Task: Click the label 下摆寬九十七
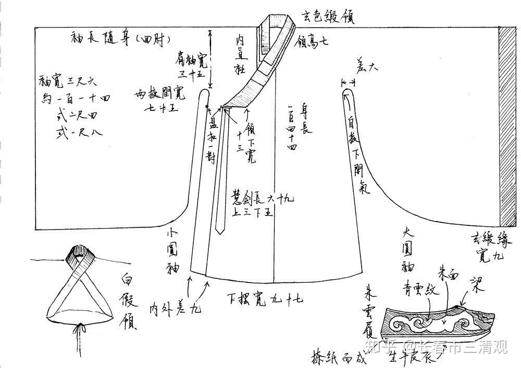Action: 265,298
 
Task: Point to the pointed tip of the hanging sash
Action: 220,231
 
